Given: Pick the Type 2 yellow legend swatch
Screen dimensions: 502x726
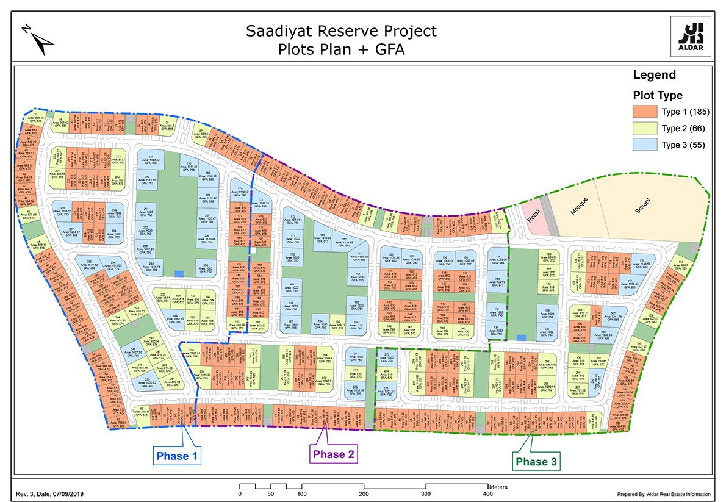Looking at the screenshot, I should point(645,127).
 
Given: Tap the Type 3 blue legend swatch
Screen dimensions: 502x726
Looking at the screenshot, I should point(645,144).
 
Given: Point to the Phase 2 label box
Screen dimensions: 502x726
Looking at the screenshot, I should point(332,454).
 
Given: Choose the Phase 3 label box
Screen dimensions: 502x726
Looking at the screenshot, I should point(536,462).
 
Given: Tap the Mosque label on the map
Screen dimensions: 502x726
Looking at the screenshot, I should point(577,208).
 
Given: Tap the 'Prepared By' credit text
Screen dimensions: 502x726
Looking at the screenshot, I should point(664,494).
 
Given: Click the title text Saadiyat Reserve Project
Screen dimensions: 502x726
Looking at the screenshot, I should point(341,30).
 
